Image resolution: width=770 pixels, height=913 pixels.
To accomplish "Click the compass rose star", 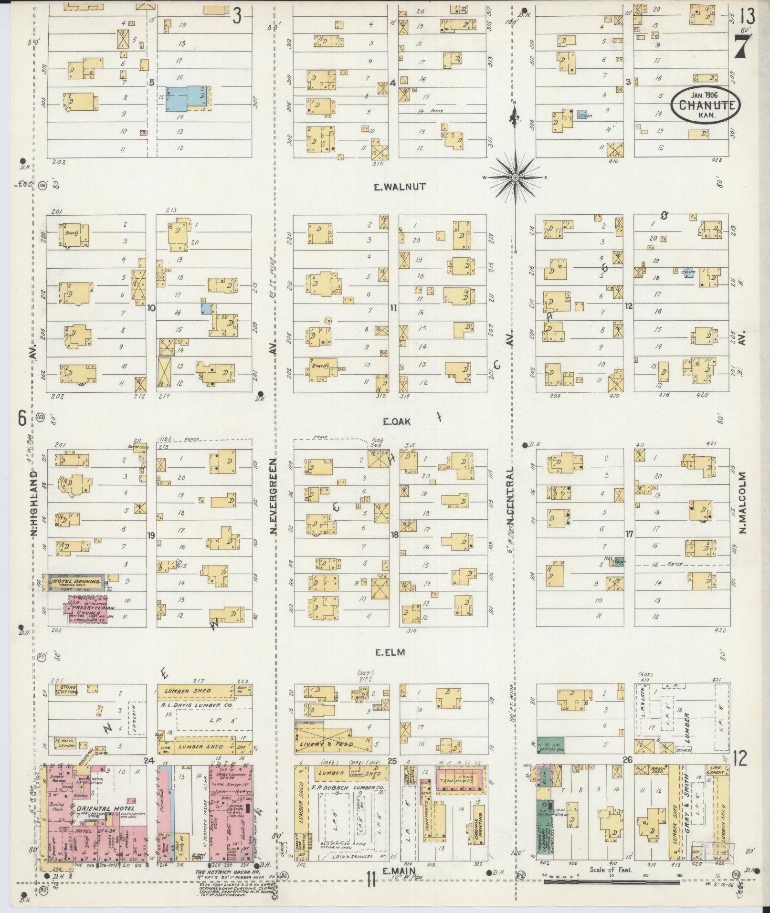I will (x=516, y=178).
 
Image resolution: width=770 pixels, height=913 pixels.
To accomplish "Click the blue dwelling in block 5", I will (x=187, y=98).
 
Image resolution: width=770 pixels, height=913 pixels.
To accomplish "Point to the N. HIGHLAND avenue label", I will (x=34, y=505).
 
